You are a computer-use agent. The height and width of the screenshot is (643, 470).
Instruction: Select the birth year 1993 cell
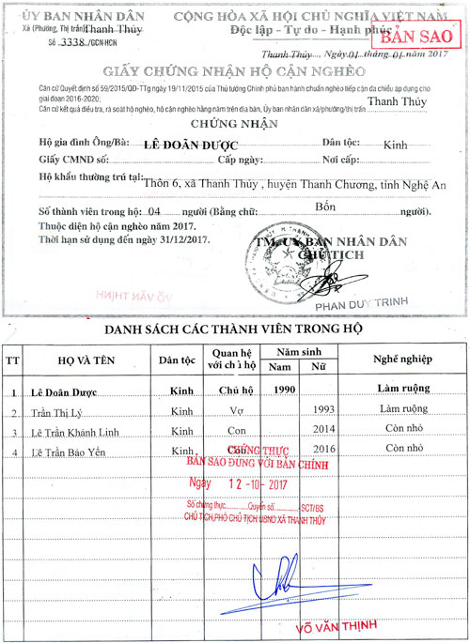[x=322, y=411]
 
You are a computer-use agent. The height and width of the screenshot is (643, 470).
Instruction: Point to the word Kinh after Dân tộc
[x=395, y=145]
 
